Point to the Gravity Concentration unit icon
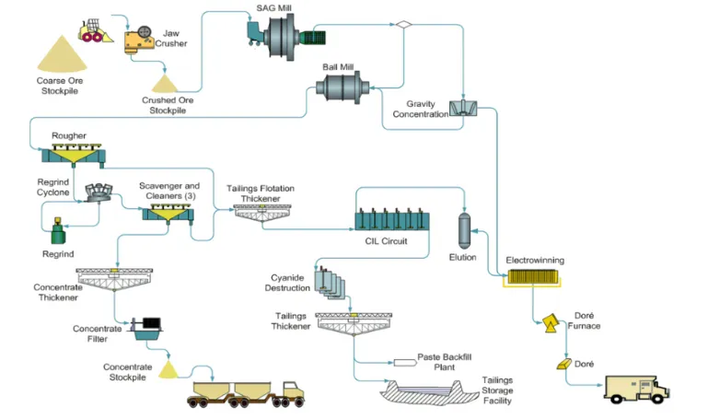click(x=462, y=108)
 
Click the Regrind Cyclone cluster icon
click(x=99, y=193)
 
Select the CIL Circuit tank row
click(x=391, y=220)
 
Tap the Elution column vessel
click(x=465, y=226)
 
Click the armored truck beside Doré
click(x=636, y=389)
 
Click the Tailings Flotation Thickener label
click(x=261, y=193)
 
